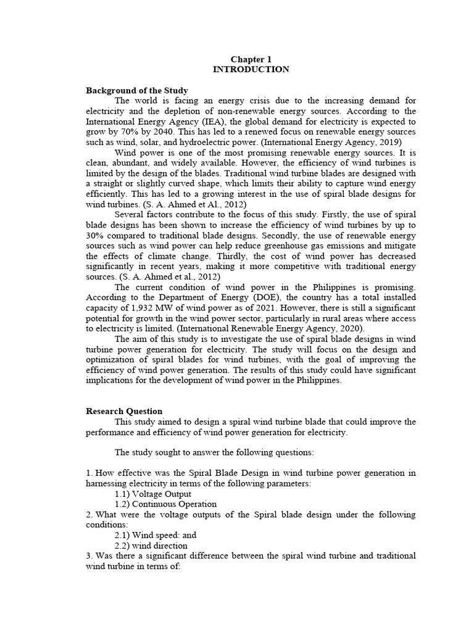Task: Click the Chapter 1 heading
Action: pos(251,59)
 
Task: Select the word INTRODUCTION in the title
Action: pos(251,70)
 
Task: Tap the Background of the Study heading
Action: pos(136,91)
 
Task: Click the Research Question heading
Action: pos(124,411)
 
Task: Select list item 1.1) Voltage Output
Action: pos(153,494)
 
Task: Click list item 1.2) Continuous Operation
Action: pos(165,504)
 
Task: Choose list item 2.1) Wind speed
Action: pos(156,536)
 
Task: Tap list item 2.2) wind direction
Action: pos(151,546)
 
